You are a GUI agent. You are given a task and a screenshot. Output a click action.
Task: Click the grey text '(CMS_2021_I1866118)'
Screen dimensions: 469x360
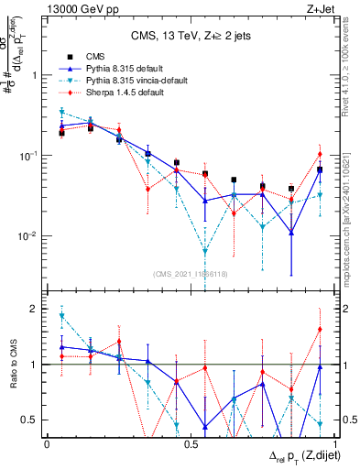click(190, 274)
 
